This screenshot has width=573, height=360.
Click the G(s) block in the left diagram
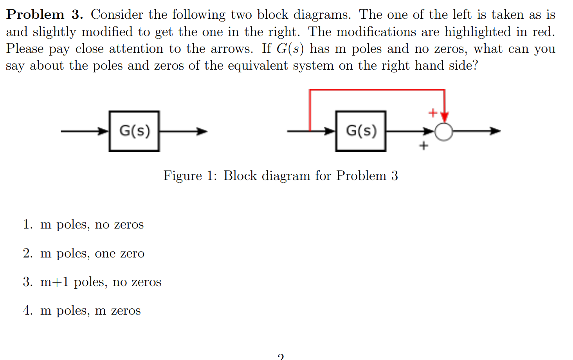(134, 131)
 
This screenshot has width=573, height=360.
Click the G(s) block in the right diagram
(361, 131)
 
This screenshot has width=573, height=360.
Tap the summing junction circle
(444, 131)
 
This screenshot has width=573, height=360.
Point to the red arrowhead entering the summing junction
(444, 117)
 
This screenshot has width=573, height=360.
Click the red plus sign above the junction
(432, 113)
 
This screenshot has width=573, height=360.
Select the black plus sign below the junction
(423, 146)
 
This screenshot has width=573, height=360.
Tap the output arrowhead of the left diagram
(202, 131)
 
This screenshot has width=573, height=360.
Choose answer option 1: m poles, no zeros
(92, 225)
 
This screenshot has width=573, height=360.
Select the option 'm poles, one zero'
(92, 254)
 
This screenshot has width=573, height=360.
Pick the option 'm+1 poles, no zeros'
(101, 282)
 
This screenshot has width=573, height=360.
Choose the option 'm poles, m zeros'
(90, 311)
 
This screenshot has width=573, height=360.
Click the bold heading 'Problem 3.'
(45, 14)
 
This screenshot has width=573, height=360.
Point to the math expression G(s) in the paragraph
(290, 49)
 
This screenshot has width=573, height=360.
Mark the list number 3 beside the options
(27, 282)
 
